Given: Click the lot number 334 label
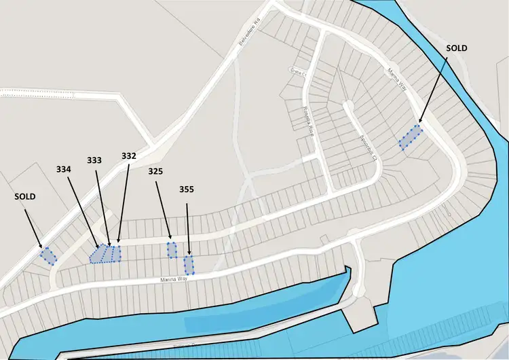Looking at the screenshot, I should tap(64, 168).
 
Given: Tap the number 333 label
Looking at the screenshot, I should tap(96, 160).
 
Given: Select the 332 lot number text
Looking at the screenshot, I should tap(129, 156).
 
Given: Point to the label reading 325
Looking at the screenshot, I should tap(156, 172).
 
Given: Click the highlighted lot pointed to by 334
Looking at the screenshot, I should tap(100, 254).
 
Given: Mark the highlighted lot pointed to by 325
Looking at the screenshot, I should tap(172, 250).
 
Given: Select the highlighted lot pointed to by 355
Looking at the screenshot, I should tap(189, 264).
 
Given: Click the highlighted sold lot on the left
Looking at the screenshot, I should tap(48, 255).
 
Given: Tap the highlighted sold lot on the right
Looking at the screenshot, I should tap(411, 137).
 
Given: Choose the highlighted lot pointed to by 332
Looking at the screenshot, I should tap(117, 253).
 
